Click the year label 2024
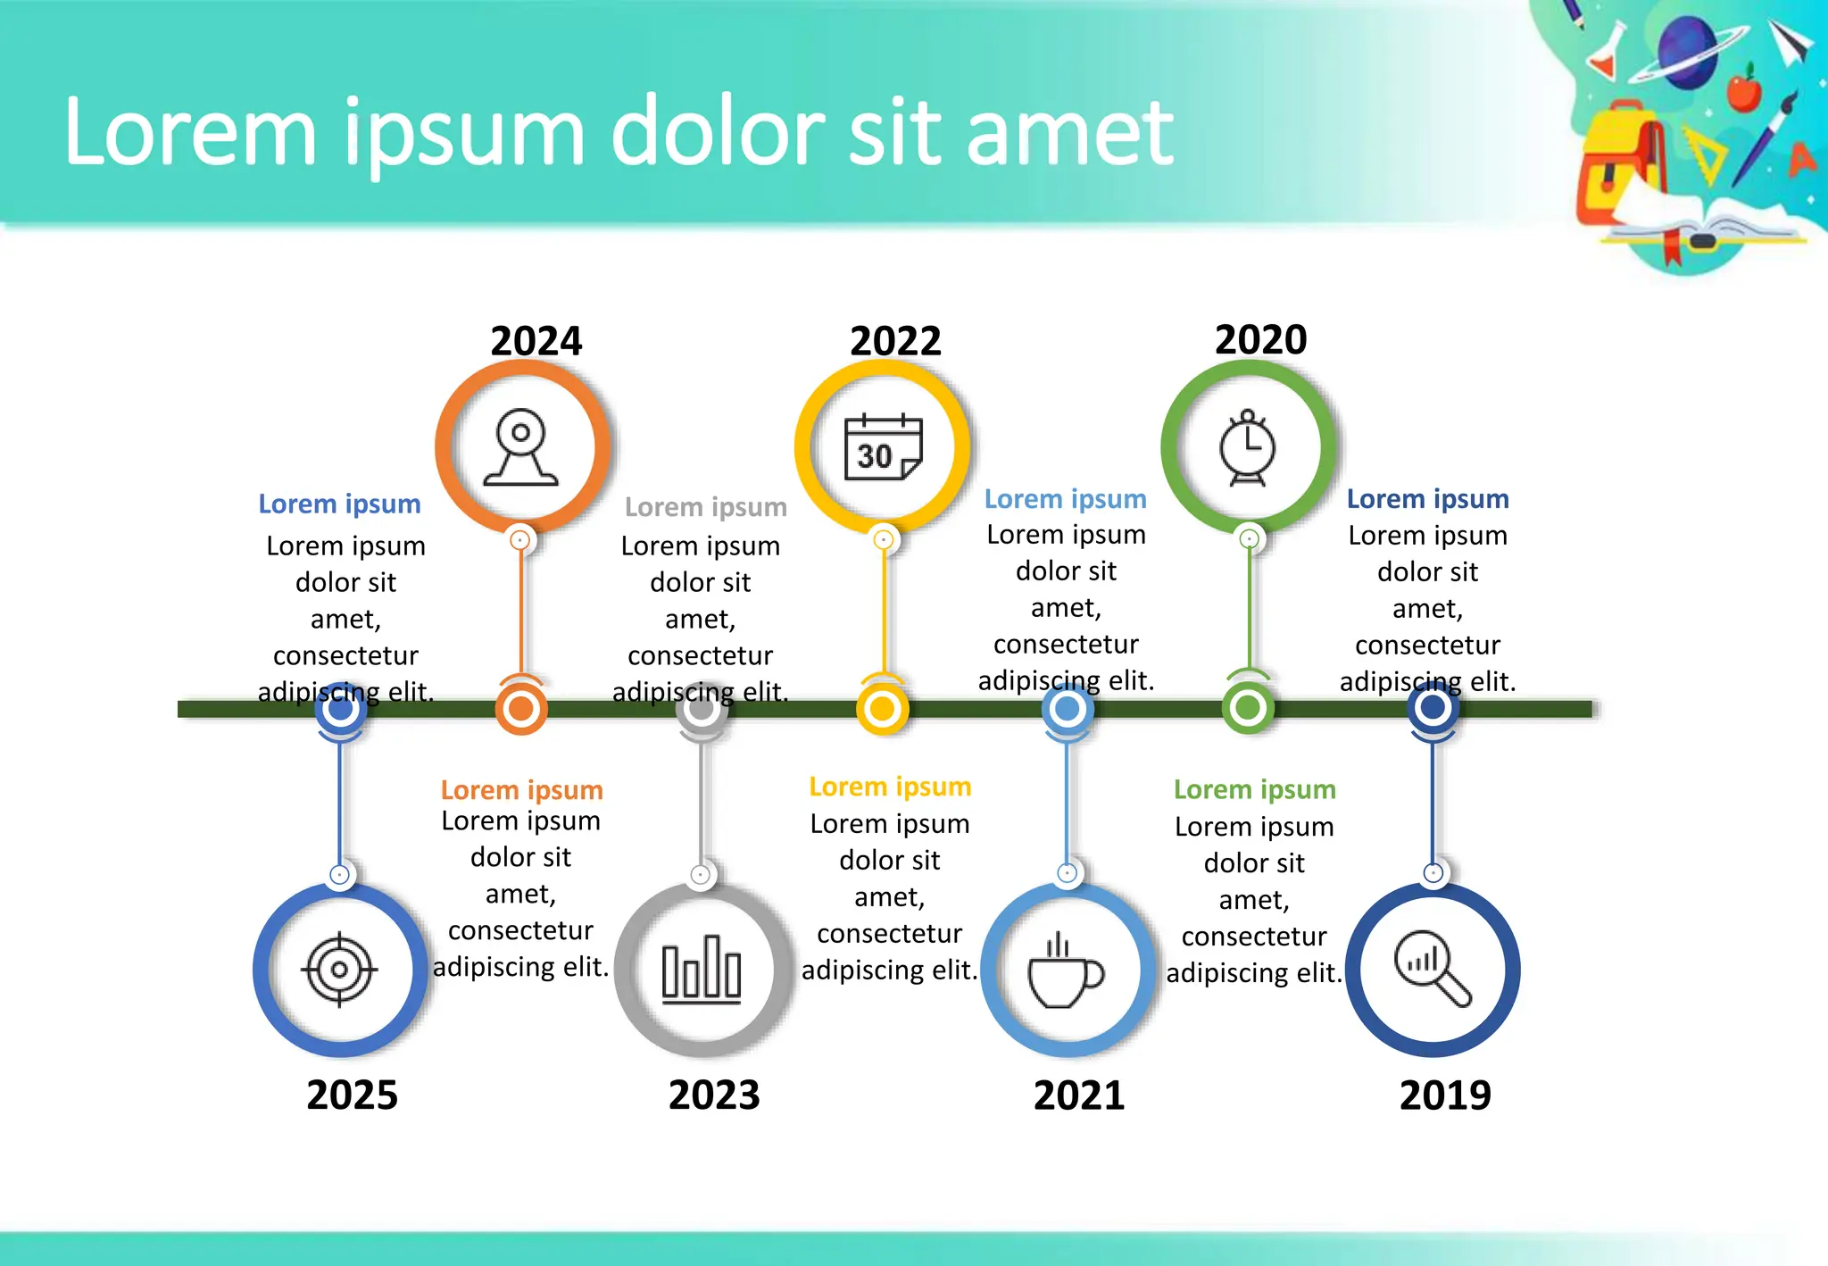tap(536, 341)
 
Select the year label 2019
tap(1444, 1095)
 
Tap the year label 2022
tap(895, 341)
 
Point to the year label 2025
tap(352, 1095)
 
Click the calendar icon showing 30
tap(883, 447)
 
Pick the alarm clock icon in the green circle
tap(1248, 447)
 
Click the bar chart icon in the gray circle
tap(702, 970)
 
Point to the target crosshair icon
tap(339, 970)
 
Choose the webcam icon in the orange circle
tap(521, 447)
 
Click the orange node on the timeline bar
tap(521, 709)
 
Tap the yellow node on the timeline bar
tap(882, 709)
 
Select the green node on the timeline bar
tap(1248, 708)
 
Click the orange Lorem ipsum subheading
tap(521, 790)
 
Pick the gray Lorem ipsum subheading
tap(705, 507)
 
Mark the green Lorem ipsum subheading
tap(1254, 789)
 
